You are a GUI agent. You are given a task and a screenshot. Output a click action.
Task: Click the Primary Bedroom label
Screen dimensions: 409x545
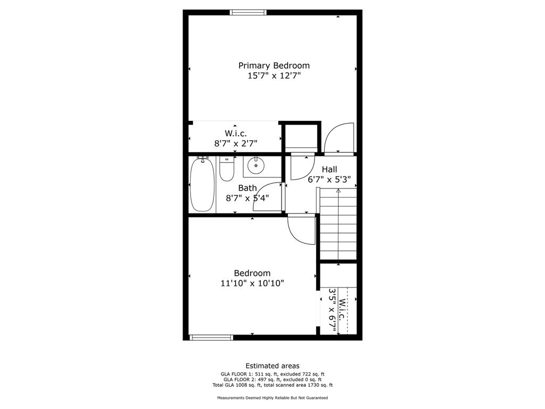pos(274,66)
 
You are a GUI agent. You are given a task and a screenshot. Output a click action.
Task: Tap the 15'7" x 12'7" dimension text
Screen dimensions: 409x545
pos(274,76)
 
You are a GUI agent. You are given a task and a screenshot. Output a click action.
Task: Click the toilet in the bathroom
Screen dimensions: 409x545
pos(226,169)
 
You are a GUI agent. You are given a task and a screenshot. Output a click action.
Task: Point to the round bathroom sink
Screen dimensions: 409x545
pos(257,166)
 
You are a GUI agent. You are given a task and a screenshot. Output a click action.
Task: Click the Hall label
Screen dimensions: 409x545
pos(329,169)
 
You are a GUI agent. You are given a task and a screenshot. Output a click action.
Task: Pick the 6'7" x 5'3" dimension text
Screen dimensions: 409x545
pos(329,179)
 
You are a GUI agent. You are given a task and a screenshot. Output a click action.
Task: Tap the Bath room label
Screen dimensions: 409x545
pos(247,187)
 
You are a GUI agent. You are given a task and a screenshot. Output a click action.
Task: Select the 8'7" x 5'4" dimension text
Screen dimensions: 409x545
pos(247,198)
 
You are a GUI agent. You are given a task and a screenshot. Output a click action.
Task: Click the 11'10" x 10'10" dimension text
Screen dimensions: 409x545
pos(252,283)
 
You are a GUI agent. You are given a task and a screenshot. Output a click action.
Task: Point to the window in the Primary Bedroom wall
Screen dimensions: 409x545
pos(248,12)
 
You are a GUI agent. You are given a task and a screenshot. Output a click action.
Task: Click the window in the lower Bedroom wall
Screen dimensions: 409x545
pos(211,337)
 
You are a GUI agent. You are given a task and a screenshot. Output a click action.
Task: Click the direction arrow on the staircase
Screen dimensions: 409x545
pos(338,191)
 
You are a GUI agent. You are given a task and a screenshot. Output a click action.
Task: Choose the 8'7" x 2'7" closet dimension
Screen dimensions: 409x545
pos(236,143)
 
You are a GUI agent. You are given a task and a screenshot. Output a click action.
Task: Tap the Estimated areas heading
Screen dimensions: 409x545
pos(272,366)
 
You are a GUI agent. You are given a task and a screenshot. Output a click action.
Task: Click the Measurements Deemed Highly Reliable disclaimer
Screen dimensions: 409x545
pos(272,398)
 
